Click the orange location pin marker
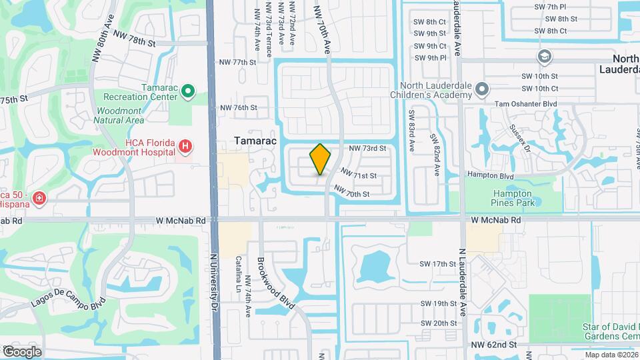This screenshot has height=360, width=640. tap(321, 160)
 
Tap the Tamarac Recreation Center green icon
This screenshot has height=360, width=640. tap(188, 91)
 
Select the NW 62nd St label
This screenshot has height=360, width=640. tap(493, 345)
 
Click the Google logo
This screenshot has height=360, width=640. tap(21, 352)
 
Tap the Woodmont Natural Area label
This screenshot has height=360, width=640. tap(120, 115)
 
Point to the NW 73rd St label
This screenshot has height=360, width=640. tap(369, 148)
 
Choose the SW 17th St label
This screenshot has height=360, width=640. tap(437, 264)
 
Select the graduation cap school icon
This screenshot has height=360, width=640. tap(544, 56)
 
